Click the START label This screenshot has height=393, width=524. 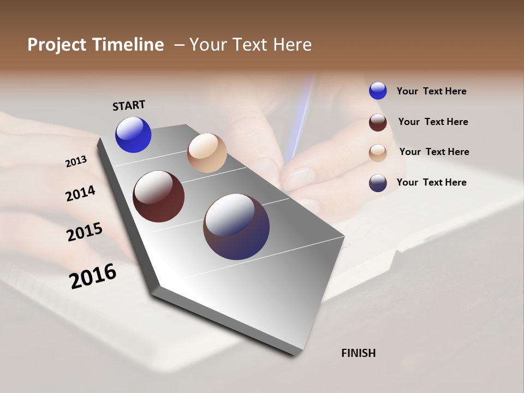point(129,105)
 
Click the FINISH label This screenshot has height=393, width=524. point(358,353)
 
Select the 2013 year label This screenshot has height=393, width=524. point(76,161)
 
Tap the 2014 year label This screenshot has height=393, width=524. point(81,193)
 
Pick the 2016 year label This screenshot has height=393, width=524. point(93,276)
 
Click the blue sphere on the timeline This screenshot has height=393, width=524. point(133,135)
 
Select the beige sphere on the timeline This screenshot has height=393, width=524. point(207,153)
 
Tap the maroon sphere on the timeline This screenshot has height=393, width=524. point(158,196)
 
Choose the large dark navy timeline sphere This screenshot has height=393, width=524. point(236,227)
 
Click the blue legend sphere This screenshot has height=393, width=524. point(378,91)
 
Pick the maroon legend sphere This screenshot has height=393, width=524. point(378,122)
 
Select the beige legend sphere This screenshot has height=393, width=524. point(378,153)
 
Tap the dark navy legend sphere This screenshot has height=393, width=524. point(378,183)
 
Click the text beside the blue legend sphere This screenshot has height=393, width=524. point(431,91)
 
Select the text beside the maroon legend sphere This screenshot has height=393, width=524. point(433,122)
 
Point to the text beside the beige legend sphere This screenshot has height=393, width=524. point(434,152)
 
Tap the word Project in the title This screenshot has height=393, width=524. point(56,45)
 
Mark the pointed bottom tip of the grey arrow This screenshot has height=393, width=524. point(295,354)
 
